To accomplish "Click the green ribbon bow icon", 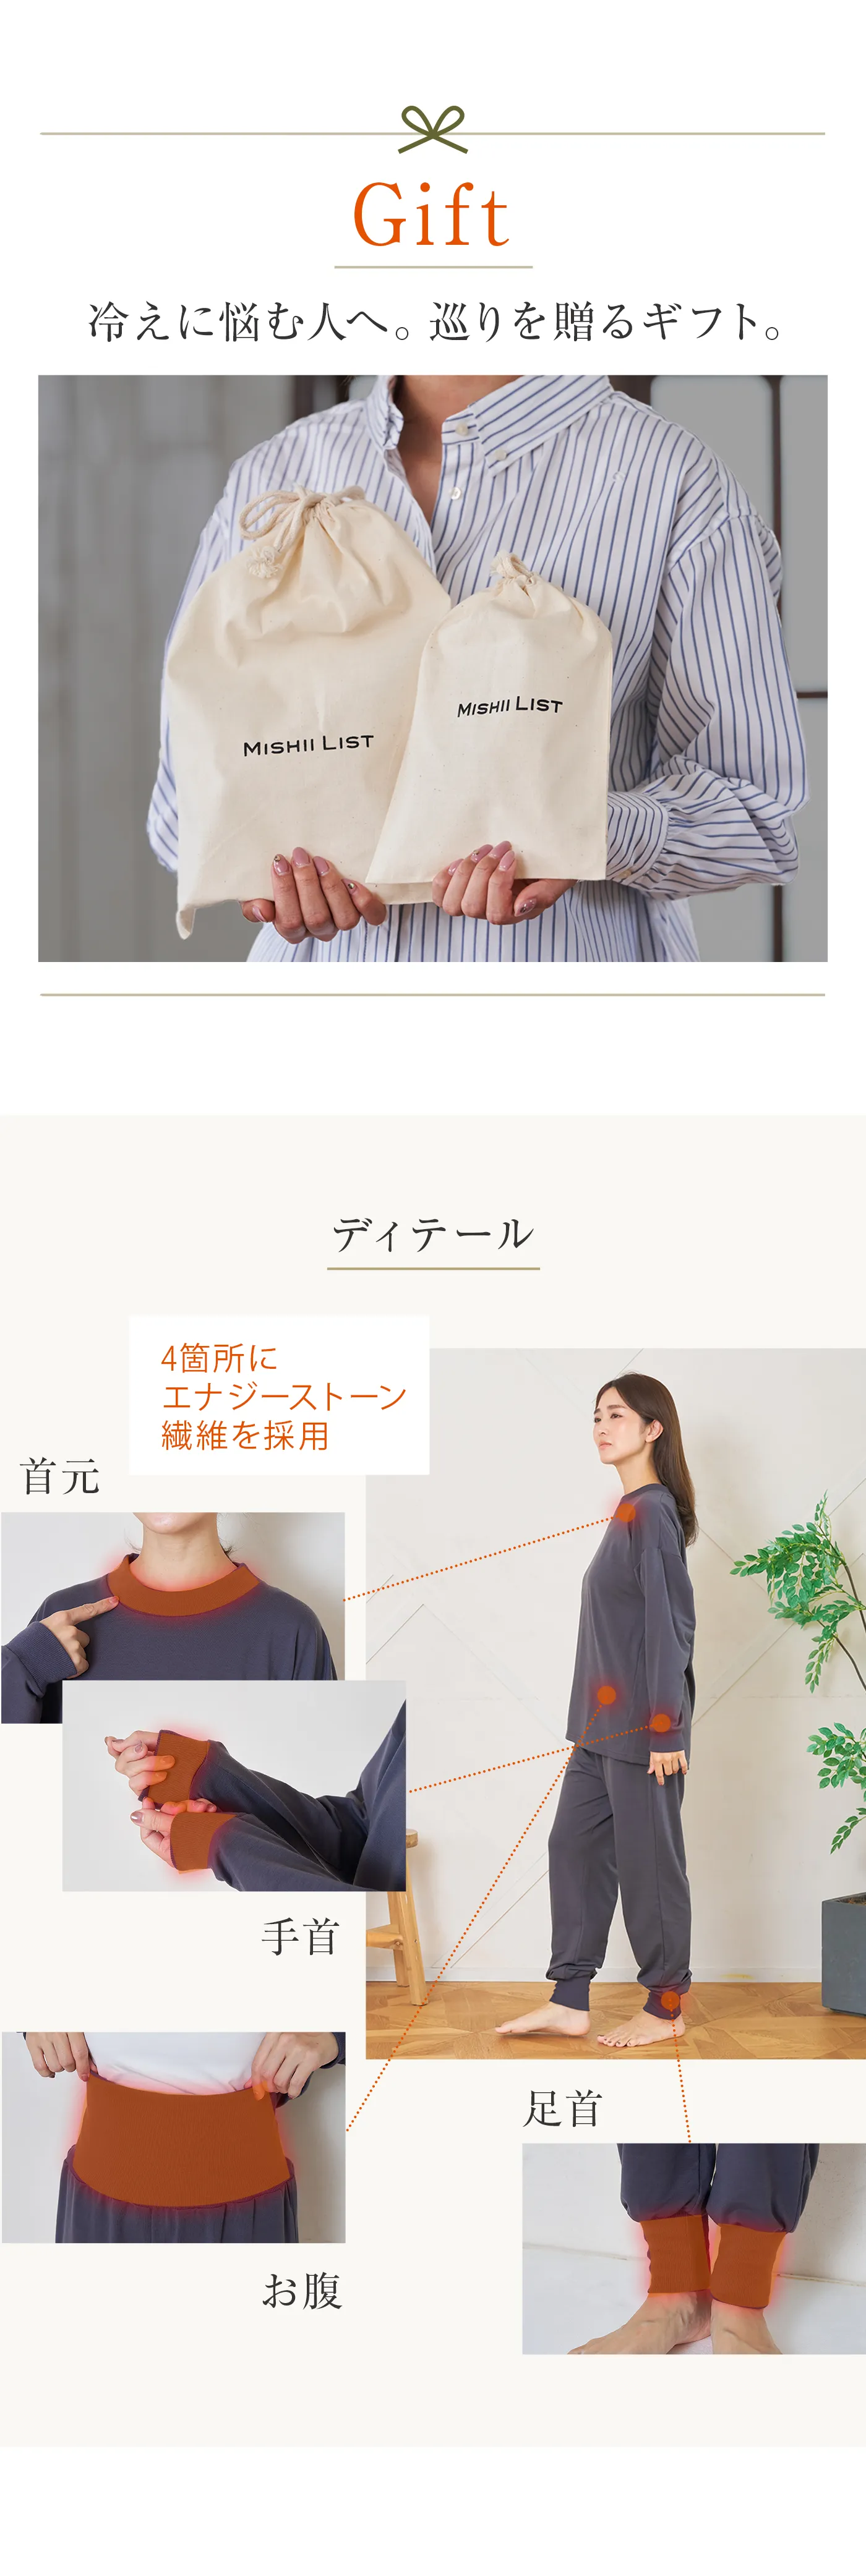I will tap(432, 129).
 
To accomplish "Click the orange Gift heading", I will tap(432, 216).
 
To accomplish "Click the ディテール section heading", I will tap(432, 1234).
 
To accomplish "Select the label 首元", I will tap(60, 1476).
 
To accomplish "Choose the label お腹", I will tap(302, 2289).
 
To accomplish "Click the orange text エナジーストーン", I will tap(284, 1396).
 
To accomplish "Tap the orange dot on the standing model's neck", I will tap(626, 1513).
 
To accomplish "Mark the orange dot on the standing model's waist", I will tap(606, 1693).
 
